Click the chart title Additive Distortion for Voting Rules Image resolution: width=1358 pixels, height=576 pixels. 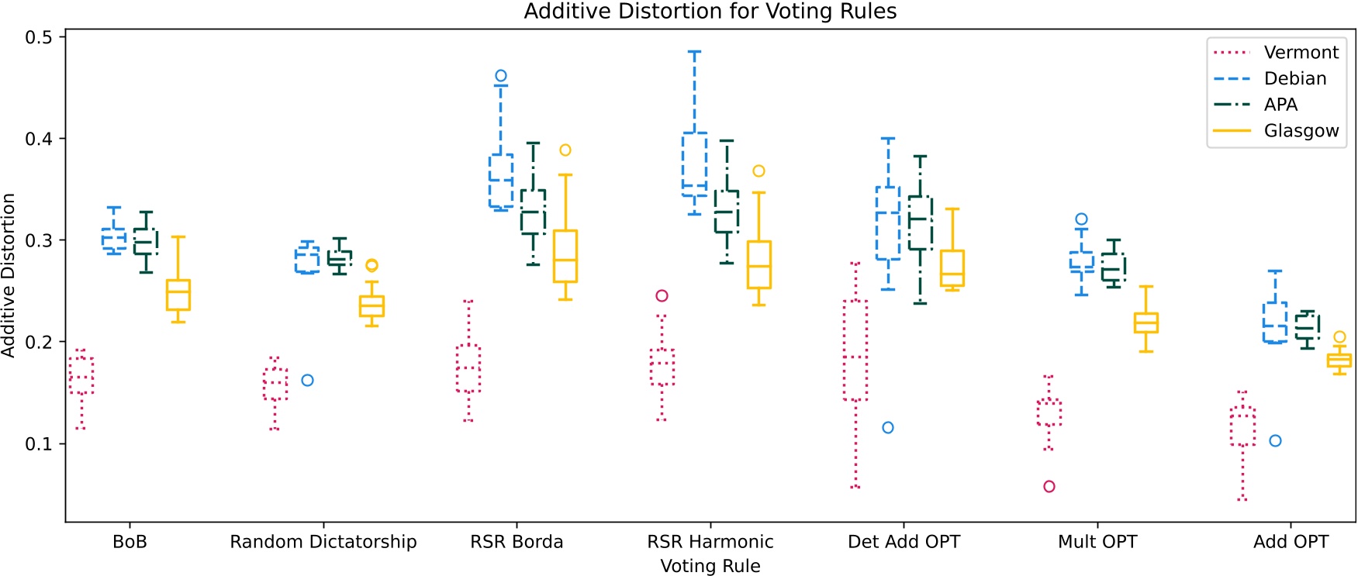(x=710, y=12)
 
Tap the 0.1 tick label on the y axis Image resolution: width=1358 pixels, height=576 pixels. (x=39, y=444)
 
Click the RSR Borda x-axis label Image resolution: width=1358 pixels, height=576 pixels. (x=517, y=542)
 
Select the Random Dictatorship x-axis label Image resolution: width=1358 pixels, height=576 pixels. (x=323, y=542)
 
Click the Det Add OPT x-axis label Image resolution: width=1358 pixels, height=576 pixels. (x=904, y=542)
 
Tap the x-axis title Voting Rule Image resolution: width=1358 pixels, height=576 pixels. (x=710, y=566)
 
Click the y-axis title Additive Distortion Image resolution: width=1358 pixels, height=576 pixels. (x=9, y=275)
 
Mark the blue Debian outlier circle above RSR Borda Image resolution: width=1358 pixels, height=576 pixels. (x=501, y=76)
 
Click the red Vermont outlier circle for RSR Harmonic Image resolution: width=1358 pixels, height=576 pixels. (x=662, y=296)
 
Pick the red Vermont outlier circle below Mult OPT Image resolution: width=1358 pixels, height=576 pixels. (x=1049, y=487)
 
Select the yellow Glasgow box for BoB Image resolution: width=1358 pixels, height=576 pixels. (x=178, y=295)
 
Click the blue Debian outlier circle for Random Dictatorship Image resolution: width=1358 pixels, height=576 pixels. (x=307, y=381)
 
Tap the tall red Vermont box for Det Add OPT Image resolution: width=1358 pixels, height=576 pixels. (x=855, y=350)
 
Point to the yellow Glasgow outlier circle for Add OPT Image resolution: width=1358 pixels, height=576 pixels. (x=1339, y=337)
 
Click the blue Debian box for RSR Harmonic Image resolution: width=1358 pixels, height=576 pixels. (x=694, y=163)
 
